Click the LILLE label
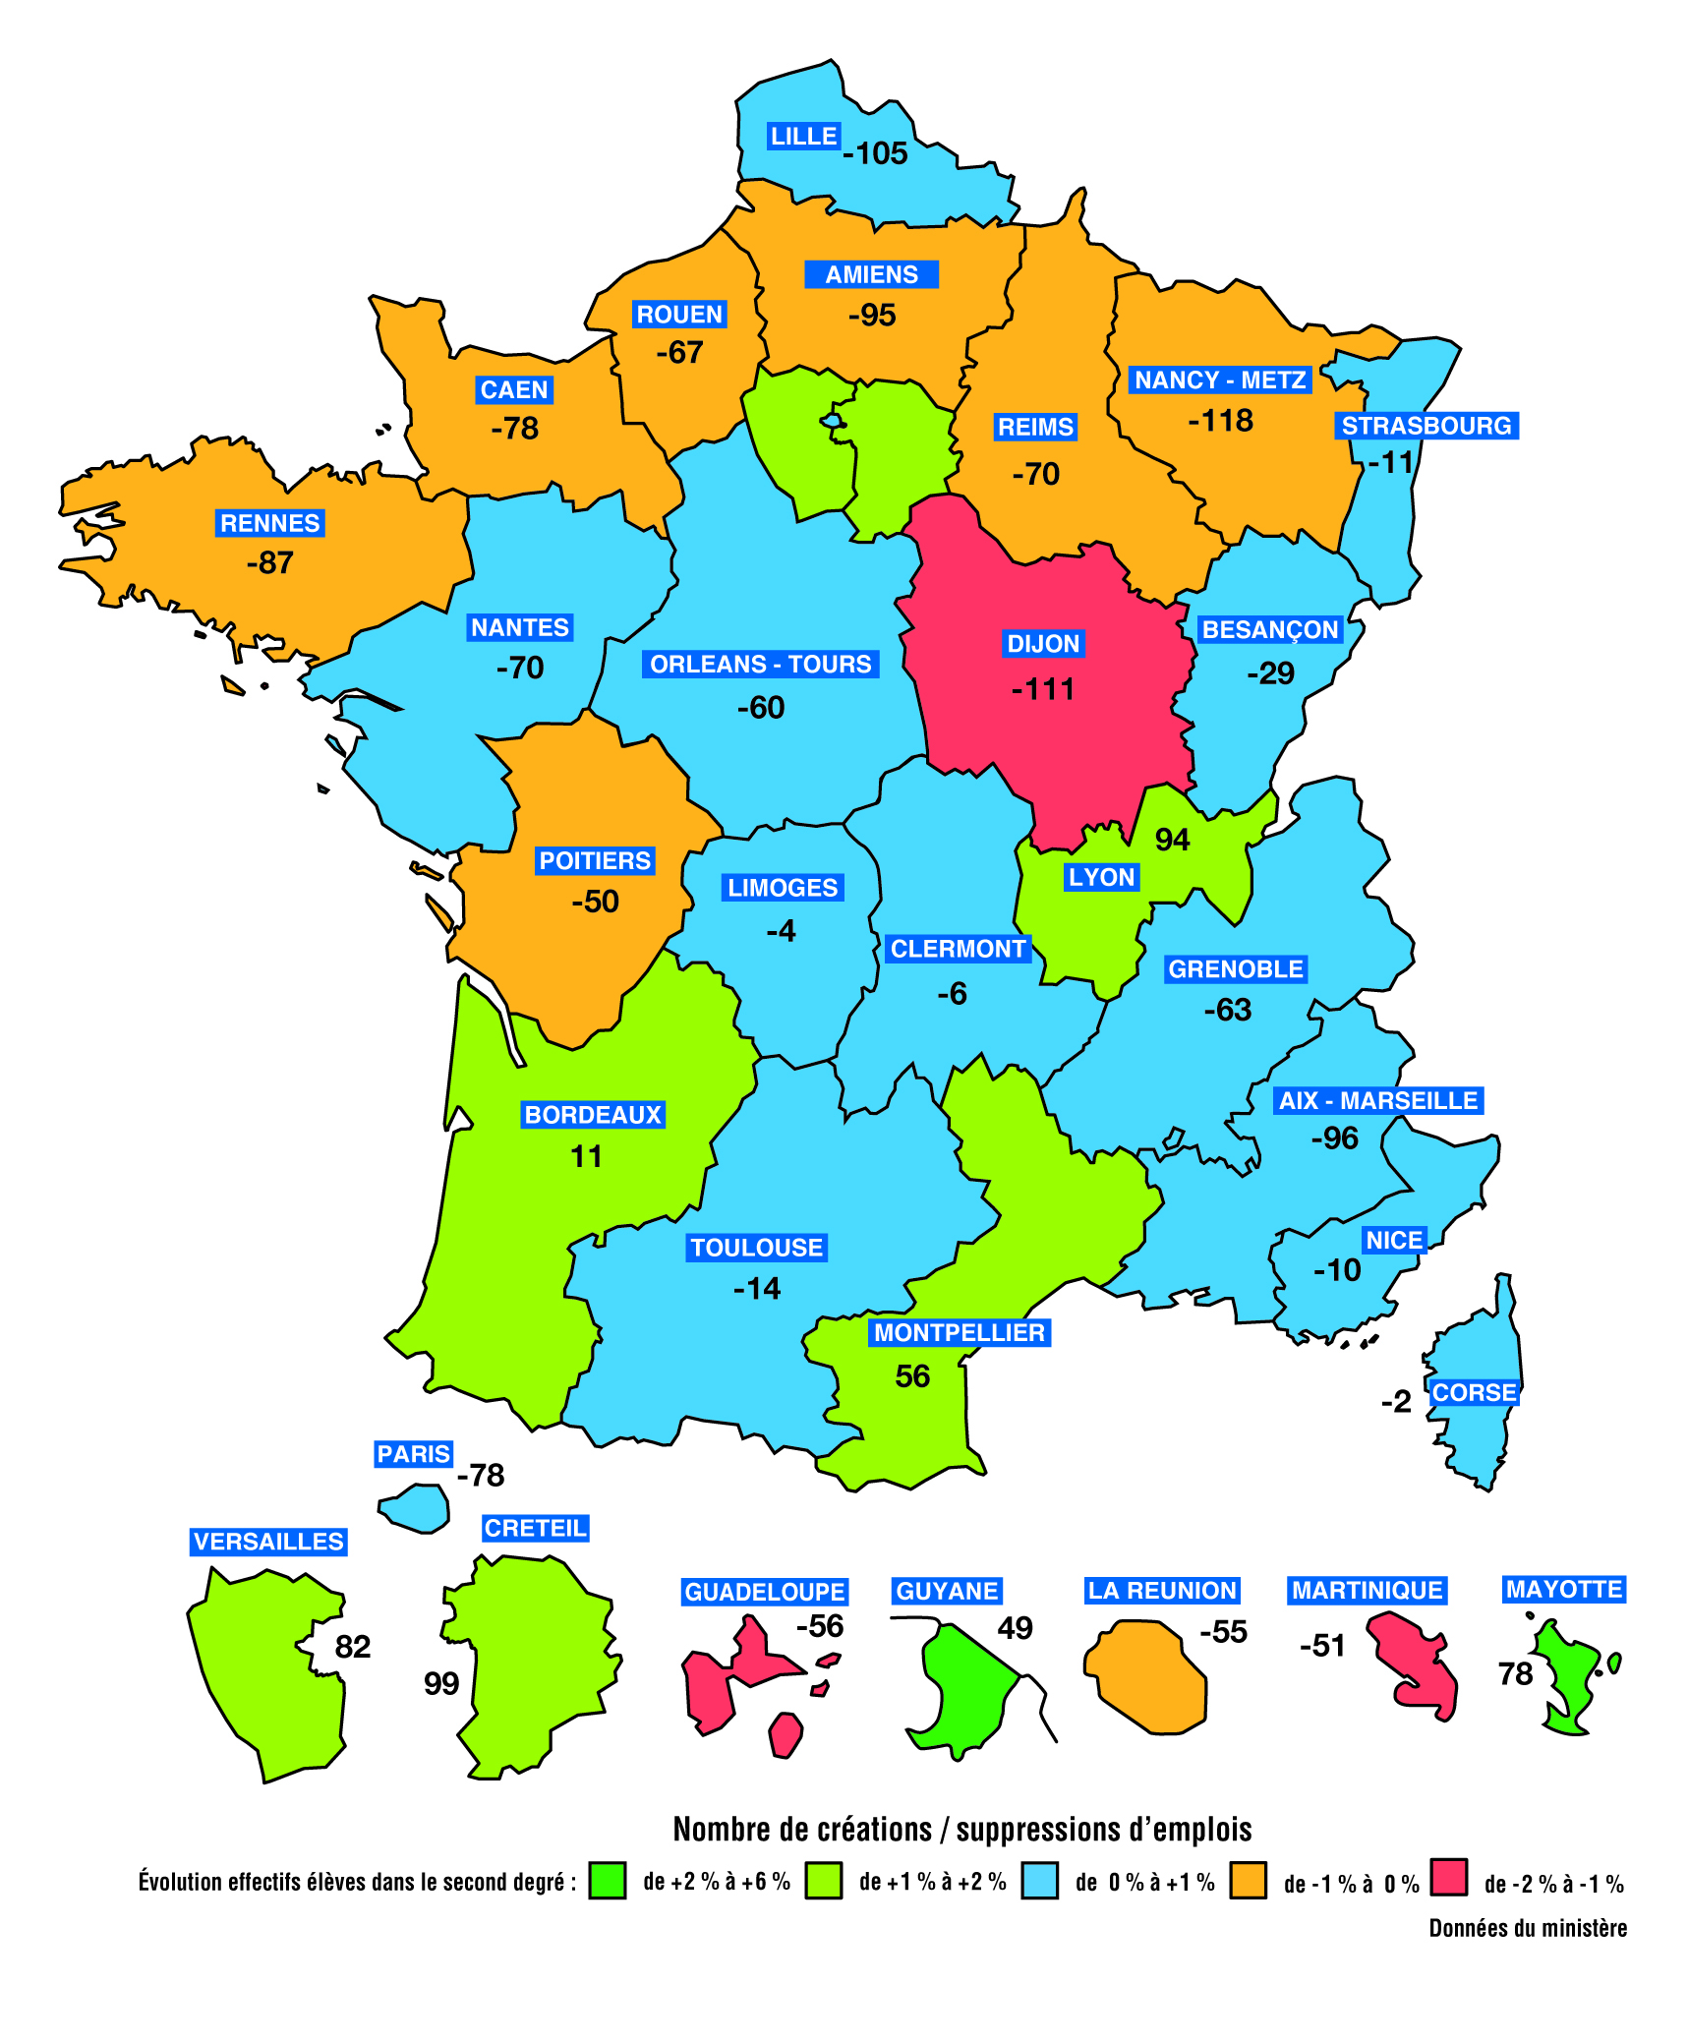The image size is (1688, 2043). [x=803, y=137]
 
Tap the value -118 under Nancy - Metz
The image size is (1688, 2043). [x=1220, y=421]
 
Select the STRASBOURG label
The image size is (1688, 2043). [x=1426, y=426]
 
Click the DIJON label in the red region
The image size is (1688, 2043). [x=1043, y=644]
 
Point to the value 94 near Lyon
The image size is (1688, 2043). [x=1172, y=840]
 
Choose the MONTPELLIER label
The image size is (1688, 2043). [x=960, y=1332]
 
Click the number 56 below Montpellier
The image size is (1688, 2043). [x=912, y=1376]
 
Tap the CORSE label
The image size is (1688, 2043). [x=1474, y=1392]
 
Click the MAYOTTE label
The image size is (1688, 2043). [x=1564, y=1589]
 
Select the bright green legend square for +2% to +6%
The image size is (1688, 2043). [x=608, y=1880]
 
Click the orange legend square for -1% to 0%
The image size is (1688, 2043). [x=1248, y=1880]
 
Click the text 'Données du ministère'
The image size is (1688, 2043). [x=1528, y=1928]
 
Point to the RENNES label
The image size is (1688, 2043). [x=269, y=523]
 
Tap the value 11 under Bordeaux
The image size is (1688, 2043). [x=586, y=1156]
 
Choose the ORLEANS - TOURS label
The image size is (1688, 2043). [x=761, y=665]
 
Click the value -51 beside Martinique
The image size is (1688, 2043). [x=1322, y=1646]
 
